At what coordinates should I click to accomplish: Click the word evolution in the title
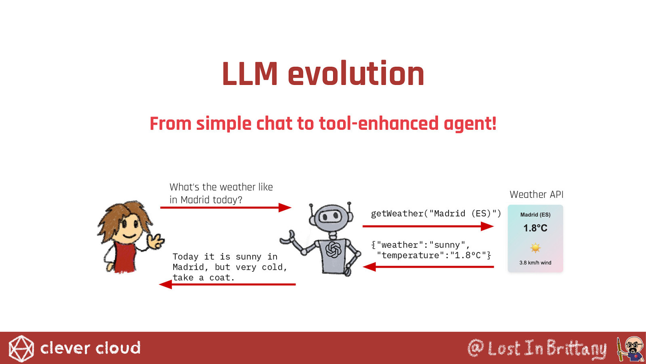point(356,73)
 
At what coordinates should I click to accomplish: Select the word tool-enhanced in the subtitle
point(379,123)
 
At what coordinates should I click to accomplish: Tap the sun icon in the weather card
point(535,248)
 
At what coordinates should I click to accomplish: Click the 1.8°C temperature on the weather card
point(535,228)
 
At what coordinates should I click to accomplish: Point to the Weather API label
point(537,195)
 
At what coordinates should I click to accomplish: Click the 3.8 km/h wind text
point(535,262)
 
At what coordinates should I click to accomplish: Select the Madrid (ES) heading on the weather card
point(535,215)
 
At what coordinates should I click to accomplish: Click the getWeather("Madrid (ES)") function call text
point(436,214)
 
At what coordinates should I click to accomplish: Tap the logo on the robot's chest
point(333,249)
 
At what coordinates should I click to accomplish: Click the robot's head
point(331,218)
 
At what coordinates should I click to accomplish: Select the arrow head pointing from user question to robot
point(285,207)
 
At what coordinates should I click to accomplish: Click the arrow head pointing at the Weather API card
point(487,226)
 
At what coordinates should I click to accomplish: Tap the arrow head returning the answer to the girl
point(166,284)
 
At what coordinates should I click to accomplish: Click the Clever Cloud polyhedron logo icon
point(21,348)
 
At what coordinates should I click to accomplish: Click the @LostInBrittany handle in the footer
point(537,348)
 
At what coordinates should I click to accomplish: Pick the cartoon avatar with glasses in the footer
point(630,349)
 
